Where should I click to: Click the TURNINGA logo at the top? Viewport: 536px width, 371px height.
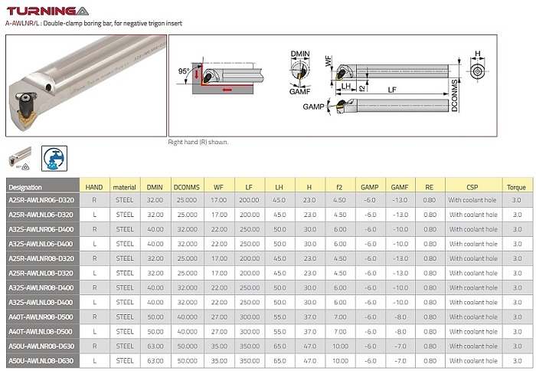pyautogui.click(x=47, y=11)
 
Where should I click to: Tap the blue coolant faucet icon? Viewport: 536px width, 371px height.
pyautogui.click(x=54, y=158)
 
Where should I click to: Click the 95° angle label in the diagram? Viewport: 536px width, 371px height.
pyautogui.click(x=184, y=71)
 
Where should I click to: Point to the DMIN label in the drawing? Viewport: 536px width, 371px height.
pyautogui.click(x=300, y=54)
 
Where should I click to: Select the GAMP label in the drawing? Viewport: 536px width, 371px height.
pyautogui.click(x=313, y=107)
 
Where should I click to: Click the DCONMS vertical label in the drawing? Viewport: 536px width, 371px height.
pyautogui.click(x=454, y=96)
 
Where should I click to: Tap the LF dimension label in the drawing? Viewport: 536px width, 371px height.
pyautogui.click(x=392, y=90)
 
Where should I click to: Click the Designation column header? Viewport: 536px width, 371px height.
pyautogui.click(x=25, y=187)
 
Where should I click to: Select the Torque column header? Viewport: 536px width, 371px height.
pyautogui.click(x=516, y=187)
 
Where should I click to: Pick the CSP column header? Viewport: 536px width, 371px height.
pyautogui.click(x=472, y=187)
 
